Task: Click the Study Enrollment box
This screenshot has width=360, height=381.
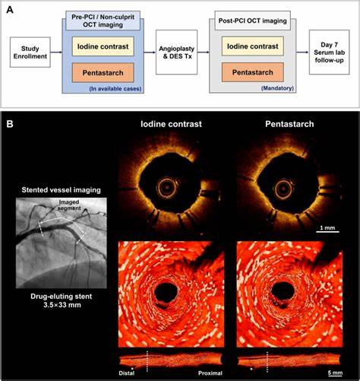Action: [x=30, y=52]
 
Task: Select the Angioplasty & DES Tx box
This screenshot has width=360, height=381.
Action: [x=176, y=52]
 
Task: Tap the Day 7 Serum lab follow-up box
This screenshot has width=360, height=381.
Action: [x=329, y=52]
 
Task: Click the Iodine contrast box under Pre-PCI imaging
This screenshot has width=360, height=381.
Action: [x=103, y=46]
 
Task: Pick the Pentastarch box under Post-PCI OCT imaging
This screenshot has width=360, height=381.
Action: [x=253, y=72]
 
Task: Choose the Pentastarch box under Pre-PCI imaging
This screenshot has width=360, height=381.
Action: [x=103, y=73]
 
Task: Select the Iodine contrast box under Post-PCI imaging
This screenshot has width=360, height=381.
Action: [x=253, y=46]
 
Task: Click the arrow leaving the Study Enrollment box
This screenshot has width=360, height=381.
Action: [x=56, y=52]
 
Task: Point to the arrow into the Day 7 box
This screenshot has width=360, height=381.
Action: [x=303, y=52]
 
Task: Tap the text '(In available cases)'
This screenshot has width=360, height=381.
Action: [x=115, y=89]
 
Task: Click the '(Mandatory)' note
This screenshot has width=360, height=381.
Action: [x=277, y=88]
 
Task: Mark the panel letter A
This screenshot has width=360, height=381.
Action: [x=10, y=10]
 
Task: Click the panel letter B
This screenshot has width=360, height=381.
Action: [x=10, y=124]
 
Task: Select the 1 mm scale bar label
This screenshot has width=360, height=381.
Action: [x=327, y=227]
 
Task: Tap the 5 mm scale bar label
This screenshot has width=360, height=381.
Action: [x=335, y=373]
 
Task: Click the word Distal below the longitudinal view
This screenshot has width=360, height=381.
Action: [x=127, y=373]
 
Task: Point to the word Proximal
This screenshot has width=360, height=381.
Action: [x=210, y=373]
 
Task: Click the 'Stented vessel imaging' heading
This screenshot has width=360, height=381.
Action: [x=61, y=190]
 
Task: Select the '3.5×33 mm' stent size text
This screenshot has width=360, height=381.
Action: [x=62, y=304]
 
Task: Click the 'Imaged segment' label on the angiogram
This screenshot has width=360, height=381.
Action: [x=69, y=205]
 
